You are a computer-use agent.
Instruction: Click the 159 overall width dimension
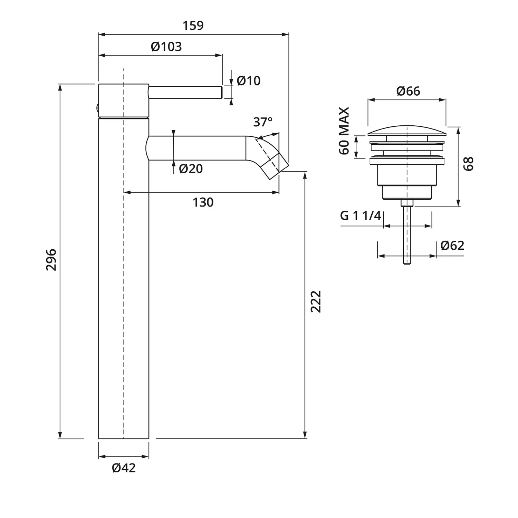tap(193, 26)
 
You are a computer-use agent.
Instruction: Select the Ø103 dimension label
tap(166, 47)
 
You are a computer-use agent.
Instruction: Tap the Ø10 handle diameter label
tap(249, 81)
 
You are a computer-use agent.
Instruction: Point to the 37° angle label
tap(263, 122)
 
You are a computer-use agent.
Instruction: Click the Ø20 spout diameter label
tap(191, 169)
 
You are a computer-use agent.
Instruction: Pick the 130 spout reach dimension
tap(203, 202)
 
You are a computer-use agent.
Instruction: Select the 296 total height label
tap(51, 259)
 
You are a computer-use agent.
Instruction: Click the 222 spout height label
tap(316, 301)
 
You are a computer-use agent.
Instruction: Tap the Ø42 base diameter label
tap(124, 468)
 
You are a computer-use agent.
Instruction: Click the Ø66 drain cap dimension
tap(409, 91)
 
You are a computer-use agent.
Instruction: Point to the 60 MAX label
tap(344, 131)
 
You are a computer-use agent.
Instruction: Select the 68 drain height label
tap(469, 164)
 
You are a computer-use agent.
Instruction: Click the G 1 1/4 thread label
tap(361, 216)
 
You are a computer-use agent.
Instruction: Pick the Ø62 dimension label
tap(452, 246)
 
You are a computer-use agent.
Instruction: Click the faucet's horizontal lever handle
tap(185, 92)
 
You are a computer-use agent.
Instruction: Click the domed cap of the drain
tap(407, 130)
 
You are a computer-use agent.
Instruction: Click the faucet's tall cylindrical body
tap(124, 278)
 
